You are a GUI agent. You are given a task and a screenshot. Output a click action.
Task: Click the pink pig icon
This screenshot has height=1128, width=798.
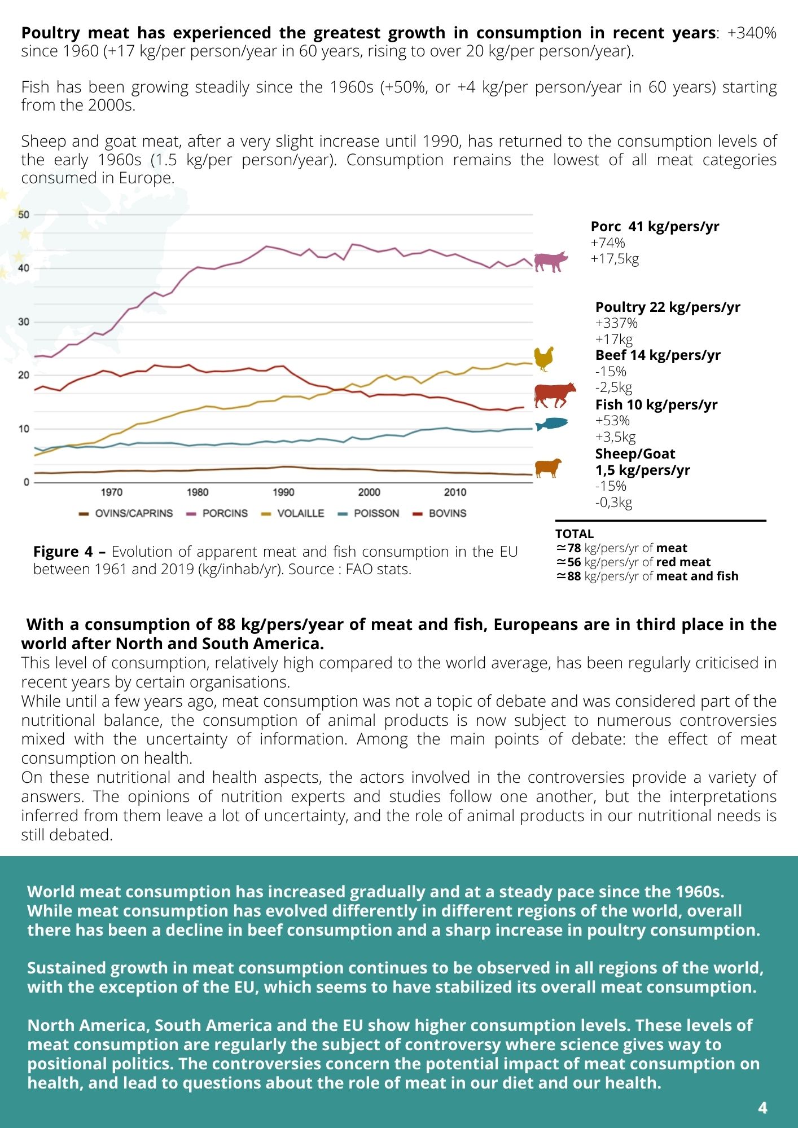[551, 261]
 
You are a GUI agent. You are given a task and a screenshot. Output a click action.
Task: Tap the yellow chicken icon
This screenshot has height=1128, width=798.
[544, 359]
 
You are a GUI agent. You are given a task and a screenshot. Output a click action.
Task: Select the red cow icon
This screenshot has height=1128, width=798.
[555, 394]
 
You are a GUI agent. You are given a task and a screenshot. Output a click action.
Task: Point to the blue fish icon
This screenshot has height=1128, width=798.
[551, 424]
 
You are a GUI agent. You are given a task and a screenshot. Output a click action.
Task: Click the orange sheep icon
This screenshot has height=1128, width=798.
[548, 468]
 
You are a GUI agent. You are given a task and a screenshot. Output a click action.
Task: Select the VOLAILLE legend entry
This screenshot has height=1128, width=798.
[293, 513]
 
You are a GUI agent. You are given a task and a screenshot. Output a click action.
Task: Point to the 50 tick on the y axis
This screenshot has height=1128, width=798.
[24, 214]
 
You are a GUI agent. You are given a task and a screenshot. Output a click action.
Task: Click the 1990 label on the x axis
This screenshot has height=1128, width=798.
[283, 492]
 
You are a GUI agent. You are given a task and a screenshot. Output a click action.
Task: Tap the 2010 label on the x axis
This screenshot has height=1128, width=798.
[455, 492]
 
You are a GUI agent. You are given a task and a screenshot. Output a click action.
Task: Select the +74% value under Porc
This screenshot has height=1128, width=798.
[608, 243]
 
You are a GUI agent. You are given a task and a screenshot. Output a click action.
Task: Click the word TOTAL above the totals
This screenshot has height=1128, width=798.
[575, 534]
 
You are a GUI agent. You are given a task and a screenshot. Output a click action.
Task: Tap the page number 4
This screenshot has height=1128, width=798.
[762, 1108]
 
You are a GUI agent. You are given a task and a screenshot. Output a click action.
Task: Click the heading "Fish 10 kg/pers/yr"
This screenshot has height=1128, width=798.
[656, 404]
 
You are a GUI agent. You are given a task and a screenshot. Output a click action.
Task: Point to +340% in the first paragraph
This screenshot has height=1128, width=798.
[752, 33]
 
